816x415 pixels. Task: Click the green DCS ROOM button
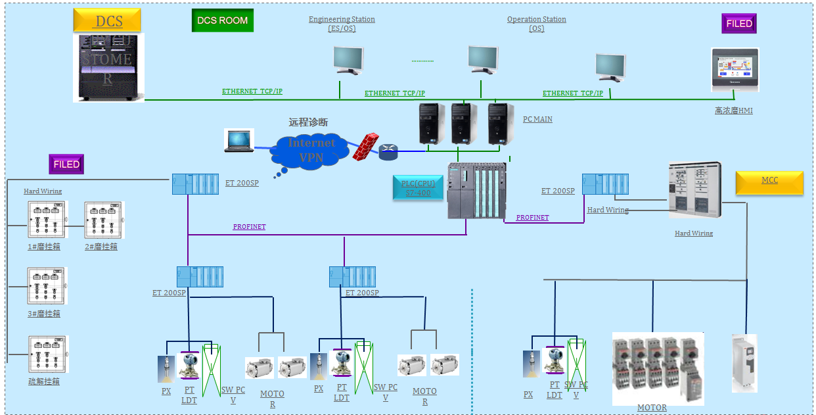[x=223, y=20]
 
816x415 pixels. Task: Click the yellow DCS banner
[x=107, y=21]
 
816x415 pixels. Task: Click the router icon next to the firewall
[x=388, y=153]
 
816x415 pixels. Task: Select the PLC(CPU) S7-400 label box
[x=418, y=187]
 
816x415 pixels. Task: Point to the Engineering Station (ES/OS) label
[x=342, y=24]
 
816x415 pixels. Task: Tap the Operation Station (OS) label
[x=536, y=24]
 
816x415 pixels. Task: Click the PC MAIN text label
[x=537, y=120]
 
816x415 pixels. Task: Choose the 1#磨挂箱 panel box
[x=47, y=220]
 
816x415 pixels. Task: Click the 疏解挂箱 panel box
[x=48, y=354]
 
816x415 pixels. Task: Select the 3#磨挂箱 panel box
[x=47, y=285]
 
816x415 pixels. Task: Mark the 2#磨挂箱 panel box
[x=104, y=220]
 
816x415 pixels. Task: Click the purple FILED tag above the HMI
[x=738, y=24]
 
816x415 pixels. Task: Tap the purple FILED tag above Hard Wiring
[x=66, y=164]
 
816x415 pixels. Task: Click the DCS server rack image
[x=108, y=68]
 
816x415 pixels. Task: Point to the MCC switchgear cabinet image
[x=694, y=191]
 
